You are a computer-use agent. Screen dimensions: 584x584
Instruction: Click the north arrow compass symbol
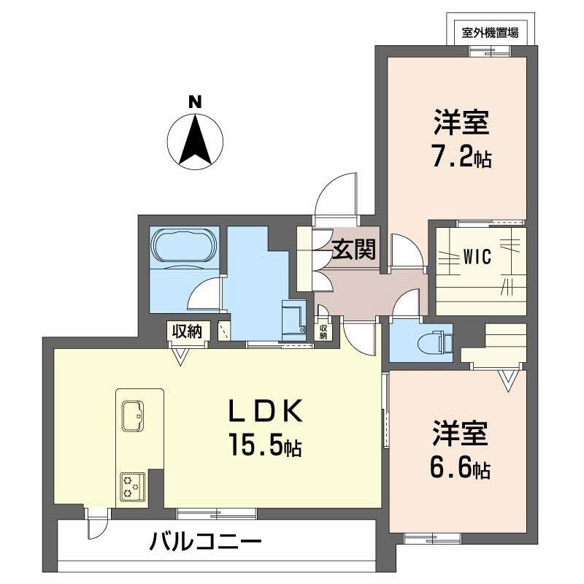196,140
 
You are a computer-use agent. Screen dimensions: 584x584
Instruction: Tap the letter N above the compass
195,102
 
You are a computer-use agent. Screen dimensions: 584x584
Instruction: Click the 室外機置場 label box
491,32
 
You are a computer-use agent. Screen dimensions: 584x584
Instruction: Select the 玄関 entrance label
355,250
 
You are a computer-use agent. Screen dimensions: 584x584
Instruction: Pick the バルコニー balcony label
206,542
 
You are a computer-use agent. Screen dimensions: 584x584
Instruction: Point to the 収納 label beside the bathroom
187,331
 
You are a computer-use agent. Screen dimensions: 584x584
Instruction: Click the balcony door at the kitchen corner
95,523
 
